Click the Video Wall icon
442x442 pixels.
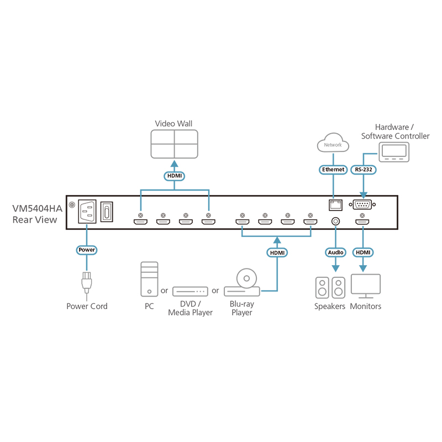coord(174,145)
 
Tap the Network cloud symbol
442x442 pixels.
coord(333,144)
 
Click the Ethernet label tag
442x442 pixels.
coord(333,170)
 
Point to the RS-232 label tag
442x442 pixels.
coord(364,170)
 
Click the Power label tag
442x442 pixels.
coord(87,250)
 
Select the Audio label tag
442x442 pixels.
coord(335,252)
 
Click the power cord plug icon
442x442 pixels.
coord(87,282)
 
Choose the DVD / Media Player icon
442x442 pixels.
coord(190,291)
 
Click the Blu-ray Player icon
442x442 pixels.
coord(243,282)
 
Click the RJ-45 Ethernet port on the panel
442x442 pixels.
coord(335,205)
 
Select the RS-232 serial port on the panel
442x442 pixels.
coord(364,205)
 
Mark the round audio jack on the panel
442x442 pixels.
coord(335,222)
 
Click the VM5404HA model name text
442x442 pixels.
coord(38,208)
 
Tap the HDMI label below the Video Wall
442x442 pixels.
coord(174,176)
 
